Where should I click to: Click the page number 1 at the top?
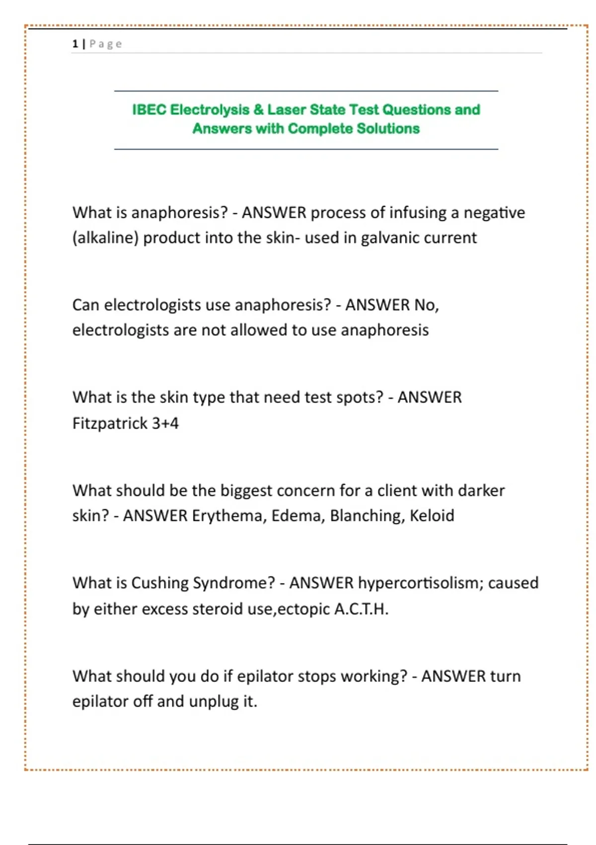coord(75,44)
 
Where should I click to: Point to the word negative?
coord(494,213)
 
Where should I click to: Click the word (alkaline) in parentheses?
coord(105,238)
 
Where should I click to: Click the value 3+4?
coord(165,423)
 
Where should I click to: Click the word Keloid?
coord(432,516)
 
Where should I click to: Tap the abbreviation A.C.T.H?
coord(361,609)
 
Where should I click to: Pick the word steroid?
coord(217,609)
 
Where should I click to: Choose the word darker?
coord(481,491)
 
